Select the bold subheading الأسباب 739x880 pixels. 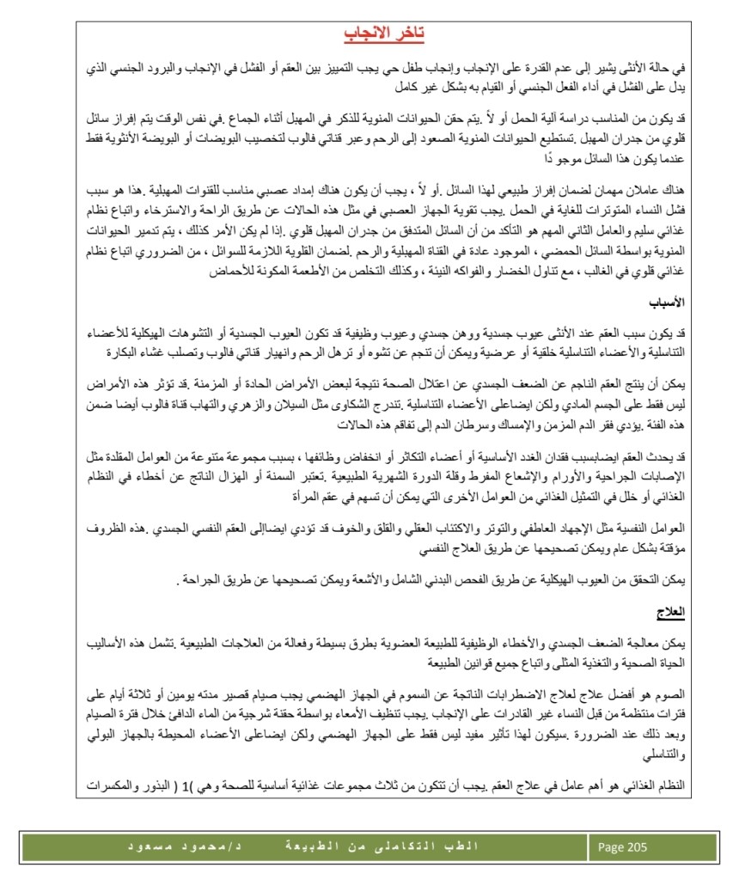669,304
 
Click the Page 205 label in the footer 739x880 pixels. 621,847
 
